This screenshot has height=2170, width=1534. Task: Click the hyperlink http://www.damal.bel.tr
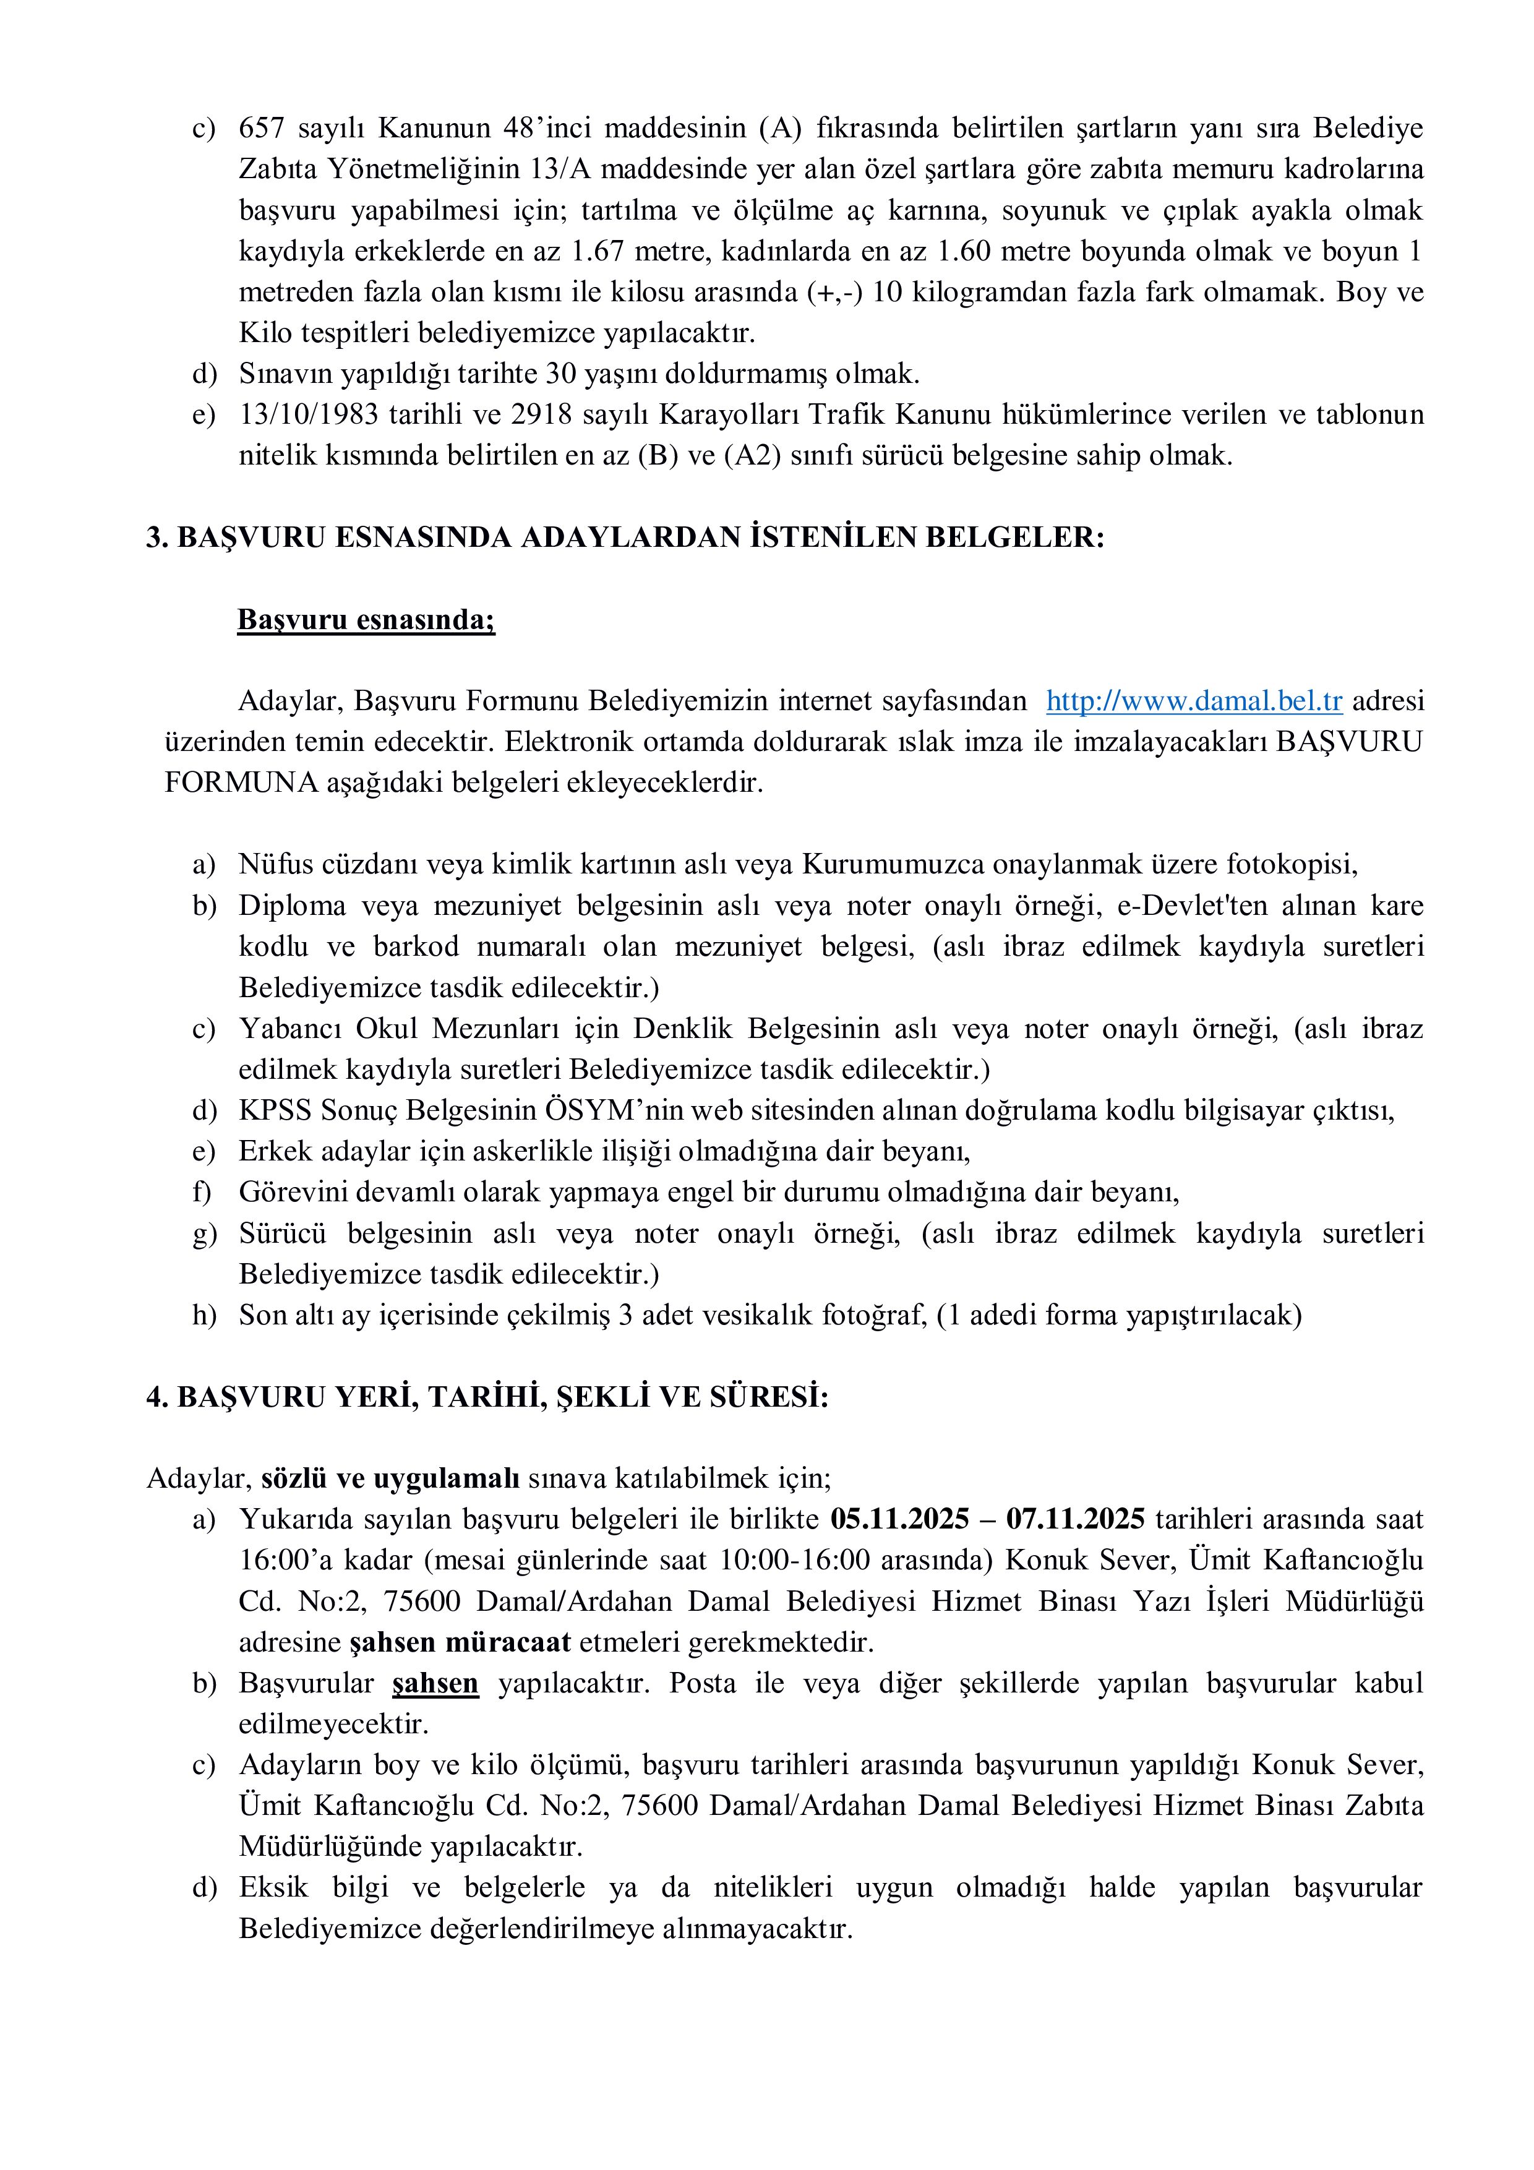pyautogui.click(x=1194, y=701)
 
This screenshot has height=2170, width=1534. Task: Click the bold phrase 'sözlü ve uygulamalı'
pyautogui.click(x=390, y=1478)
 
